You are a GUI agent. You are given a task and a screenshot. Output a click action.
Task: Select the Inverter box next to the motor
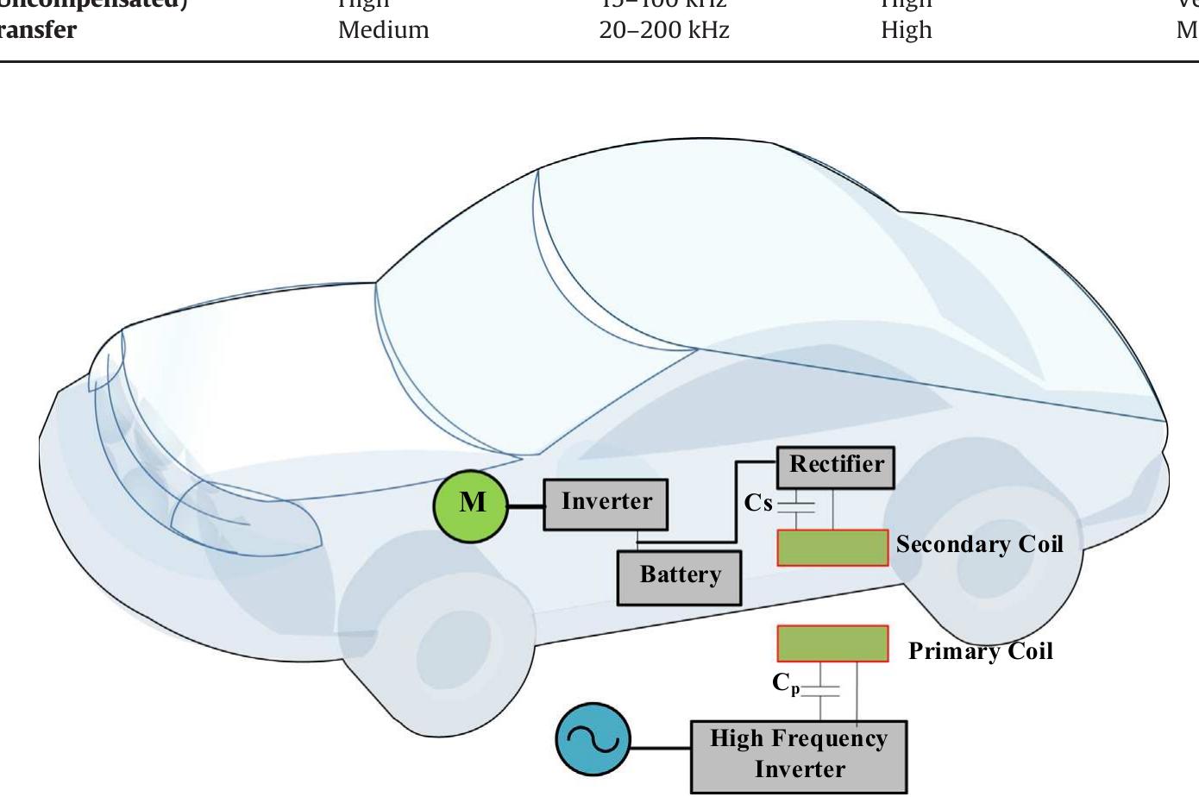(x=606, y=504)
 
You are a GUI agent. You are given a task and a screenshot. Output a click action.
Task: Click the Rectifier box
(x=835, y=467)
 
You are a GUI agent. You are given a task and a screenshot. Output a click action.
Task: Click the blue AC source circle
(x=593, y=741)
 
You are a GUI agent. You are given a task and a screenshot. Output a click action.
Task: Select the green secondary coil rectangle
(x=832, y=548)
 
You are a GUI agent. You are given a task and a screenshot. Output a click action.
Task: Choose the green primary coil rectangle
(x=832, y=643)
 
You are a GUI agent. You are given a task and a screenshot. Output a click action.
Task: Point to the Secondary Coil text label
(x=979, y=544)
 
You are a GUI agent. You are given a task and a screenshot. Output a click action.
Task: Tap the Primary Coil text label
(x=980, y=651)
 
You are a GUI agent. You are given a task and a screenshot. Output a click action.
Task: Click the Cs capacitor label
(x=758, y=503)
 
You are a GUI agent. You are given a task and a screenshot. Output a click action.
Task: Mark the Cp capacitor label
(x=786, y=684)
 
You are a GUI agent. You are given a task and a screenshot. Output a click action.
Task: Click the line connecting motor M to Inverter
(x=525, y=505)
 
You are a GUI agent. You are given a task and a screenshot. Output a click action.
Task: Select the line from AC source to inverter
(x=661, y=747)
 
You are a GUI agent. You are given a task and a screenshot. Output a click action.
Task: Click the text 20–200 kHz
(x=663, y=30)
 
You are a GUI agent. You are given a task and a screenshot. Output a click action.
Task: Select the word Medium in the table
(x=383, y=30)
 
